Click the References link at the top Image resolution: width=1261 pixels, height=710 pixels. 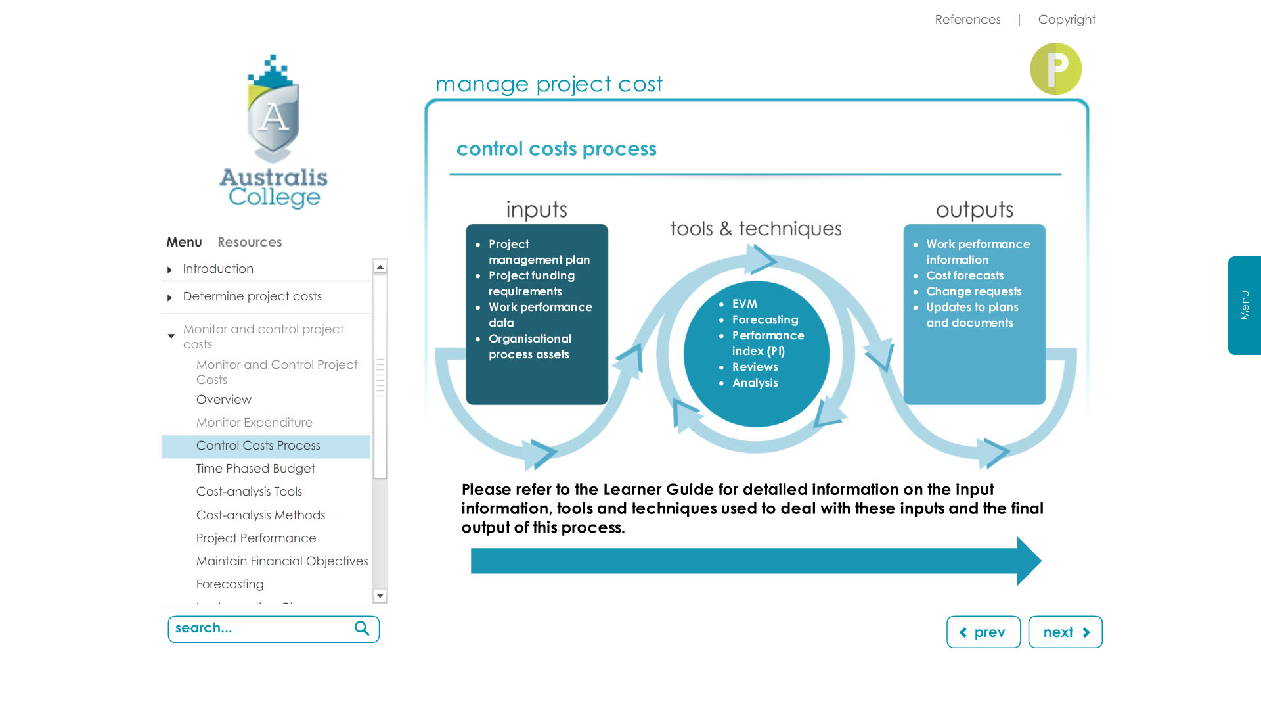(967, 20)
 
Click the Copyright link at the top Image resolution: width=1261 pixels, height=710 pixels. (1067, 20)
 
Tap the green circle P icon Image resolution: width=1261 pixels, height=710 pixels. (1055, 69)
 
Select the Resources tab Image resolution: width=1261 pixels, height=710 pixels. (250, 242)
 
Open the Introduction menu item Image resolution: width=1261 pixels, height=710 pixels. (218, 269)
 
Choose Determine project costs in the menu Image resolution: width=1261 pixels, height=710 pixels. (252, 296)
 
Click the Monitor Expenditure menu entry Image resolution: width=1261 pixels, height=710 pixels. (254, 423)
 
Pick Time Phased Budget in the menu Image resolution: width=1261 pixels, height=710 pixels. (255, 469)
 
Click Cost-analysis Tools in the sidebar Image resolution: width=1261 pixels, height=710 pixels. (249, 492)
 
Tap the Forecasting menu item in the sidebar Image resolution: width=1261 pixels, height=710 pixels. (230, 584)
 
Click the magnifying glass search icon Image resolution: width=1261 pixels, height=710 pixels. (362, 628)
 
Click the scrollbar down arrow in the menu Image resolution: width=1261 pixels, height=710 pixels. (380, 596)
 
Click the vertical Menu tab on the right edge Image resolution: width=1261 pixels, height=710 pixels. (1245, 306)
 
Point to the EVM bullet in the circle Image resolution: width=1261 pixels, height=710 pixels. (745, 304)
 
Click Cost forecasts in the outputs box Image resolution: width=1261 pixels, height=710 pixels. (965, 275)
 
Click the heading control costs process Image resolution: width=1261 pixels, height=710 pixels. (556, 149)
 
